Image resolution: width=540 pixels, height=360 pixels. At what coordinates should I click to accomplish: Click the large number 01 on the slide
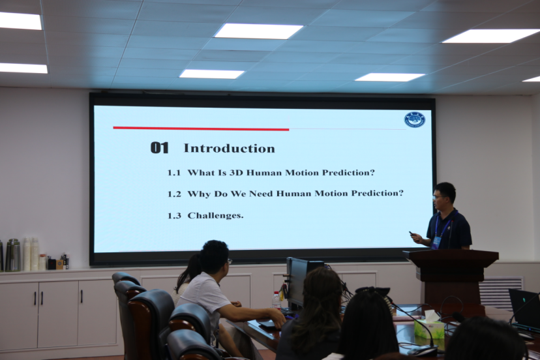[x=159, y=148]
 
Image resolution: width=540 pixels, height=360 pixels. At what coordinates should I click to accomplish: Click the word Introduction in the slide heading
[x=230, y=148]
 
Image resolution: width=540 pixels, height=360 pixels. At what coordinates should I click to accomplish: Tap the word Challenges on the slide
[x=215, y=215]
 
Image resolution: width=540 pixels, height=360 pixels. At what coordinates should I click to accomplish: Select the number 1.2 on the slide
[x=174, y=194]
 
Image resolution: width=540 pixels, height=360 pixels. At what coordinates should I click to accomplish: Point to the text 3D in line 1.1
[x=236, y=172]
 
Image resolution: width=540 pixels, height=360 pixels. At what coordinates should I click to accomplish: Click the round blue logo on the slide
[x=415, y=119]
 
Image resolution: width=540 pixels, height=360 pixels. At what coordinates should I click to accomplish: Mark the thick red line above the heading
[x=201, y=128]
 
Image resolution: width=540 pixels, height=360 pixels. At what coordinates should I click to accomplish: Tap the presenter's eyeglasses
[x=439, y=198]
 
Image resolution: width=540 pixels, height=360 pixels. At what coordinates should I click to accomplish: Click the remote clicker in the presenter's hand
[x=412, y=233]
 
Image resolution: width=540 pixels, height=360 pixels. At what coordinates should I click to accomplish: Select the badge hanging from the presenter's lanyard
[x=436, y=242]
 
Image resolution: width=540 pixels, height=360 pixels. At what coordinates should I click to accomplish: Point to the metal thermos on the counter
[x=13, y=255]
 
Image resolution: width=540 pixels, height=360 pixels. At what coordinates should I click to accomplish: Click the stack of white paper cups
[x=31, y=254]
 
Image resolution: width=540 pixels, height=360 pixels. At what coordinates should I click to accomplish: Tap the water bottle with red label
[x=277, y=301]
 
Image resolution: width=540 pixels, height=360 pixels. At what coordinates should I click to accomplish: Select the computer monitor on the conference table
[x=303, y=282]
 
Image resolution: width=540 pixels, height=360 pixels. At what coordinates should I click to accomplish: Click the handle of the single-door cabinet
[x=82, y=296]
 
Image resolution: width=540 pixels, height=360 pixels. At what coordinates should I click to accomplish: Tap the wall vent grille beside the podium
[x=500, y=293]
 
